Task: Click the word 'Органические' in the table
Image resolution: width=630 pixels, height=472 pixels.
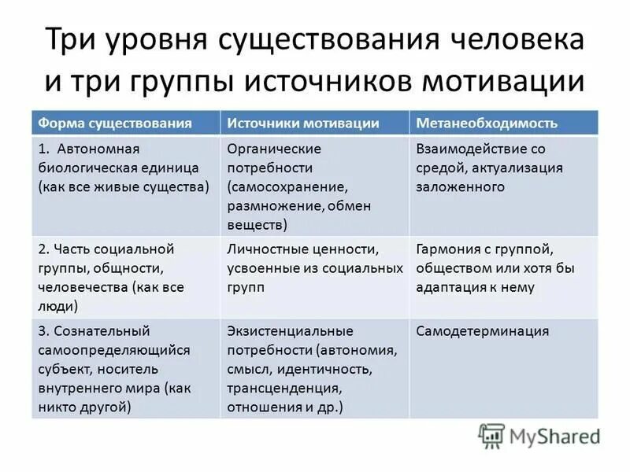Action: pyautogui.click(x=274, y=148)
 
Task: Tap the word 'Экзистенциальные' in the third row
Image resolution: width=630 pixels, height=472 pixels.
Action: pyautogui.click(x=290, y=330)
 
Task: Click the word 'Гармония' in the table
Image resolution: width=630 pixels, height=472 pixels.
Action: pyautogui.click(x=450, y=249)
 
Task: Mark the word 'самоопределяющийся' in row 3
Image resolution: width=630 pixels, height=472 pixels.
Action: pyautogui.click(x=104, y=350)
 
